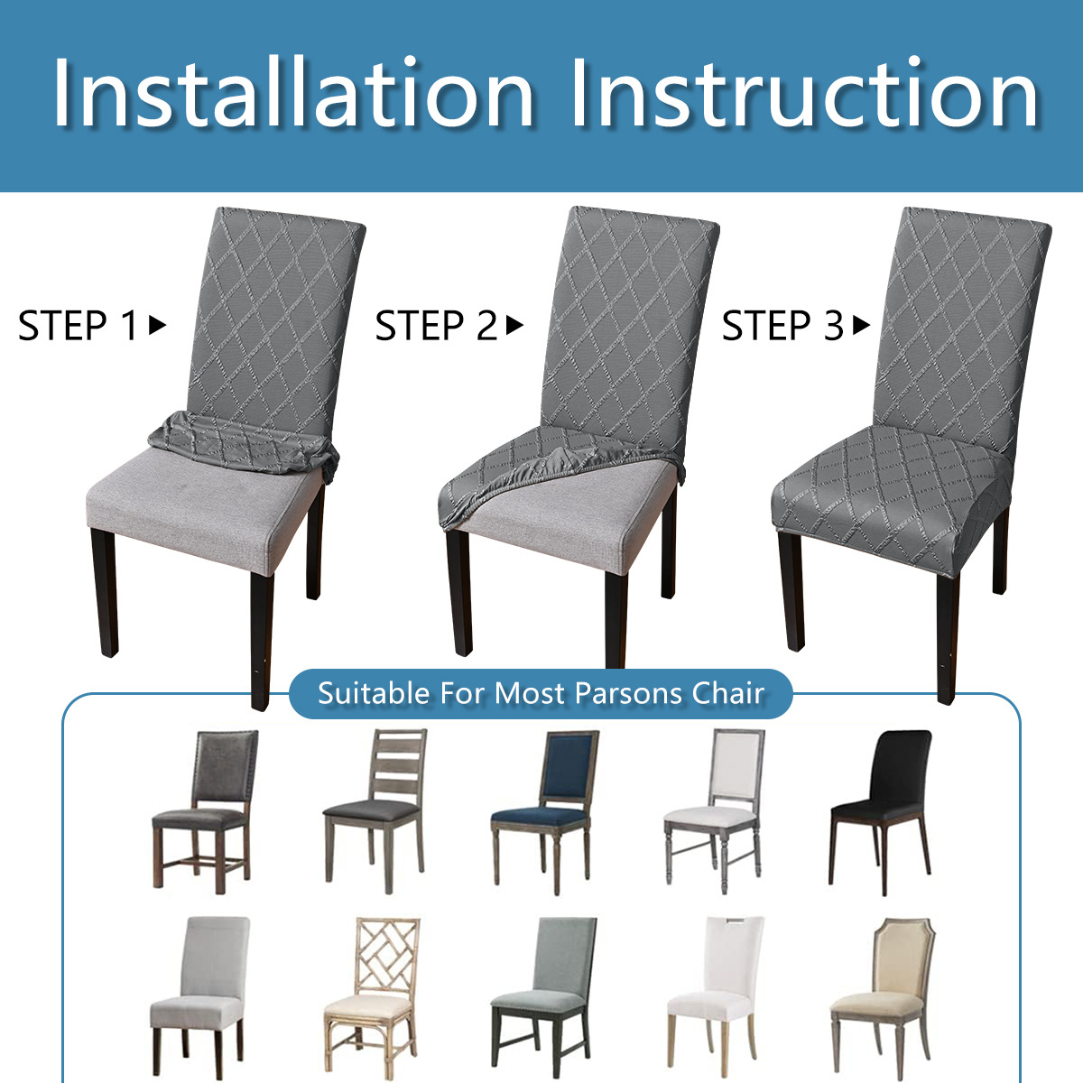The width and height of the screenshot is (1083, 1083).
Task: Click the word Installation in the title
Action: tap(293, 95)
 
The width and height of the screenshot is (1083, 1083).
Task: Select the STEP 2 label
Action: tap(436, 326)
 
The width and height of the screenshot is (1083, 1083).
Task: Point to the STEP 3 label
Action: tap(782, 326)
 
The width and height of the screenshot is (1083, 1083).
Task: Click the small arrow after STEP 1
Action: tap(158, 325)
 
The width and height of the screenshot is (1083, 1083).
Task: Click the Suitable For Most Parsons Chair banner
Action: tap(541, 693)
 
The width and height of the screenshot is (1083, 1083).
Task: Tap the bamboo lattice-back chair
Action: tap(373, 993)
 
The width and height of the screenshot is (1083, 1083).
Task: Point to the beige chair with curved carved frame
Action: tap(881, 993)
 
